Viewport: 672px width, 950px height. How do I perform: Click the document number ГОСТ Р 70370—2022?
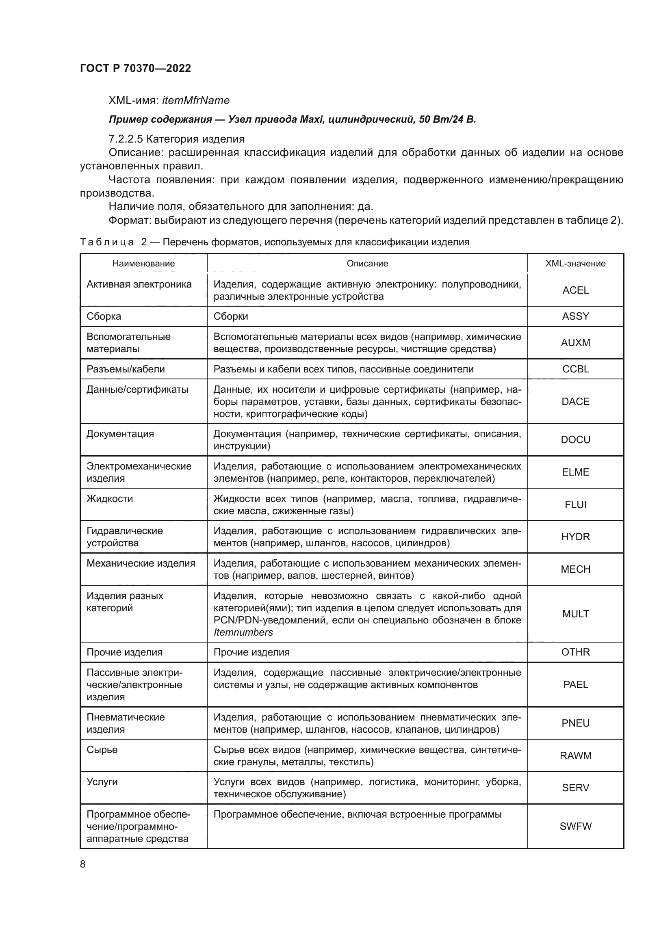coord(135,69)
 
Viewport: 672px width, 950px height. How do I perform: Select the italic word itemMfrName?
coord(196,101)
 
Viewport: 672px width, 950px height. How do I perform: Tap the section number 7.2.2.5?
coord(126,139)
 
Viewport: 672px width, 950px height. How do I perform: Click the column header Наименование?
coord(143,264)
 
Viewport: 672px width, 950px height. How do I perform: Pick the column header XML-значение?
coord(575,264)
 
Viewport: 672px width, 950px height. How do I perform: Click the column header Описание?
coord(367,264)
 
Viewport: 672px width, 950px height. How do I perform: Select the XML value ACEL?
coord(575,290)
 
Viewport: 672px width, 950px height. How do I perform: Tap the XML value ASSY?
coord(575,316)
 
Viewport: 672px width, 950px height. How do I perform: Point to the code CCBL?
coord(575,369)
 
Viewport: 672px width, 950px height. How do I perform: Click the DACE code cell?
coord(575,401)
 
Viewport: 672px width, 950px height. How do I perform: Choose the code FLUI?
coord(575,505)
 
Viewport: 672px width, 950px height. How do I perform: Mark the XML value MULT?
coord(575,614)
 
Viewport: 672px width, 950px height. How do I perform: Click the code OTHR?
coord(575,652)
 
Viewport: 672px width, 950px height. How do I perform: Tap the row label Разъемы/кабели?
coord(126,369)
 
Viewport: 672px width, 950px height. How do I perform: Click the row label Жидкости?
coord(110,499)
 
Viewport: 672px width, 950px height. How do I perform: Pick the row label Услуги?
coord(102,782)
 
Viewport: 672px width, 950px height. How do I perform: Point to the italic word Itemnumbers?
coord(243,632)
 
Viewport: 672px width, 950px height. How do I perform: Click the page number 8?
coord(83,864)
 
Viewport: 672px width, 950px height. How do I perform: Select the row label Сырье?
coord(102,750)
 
